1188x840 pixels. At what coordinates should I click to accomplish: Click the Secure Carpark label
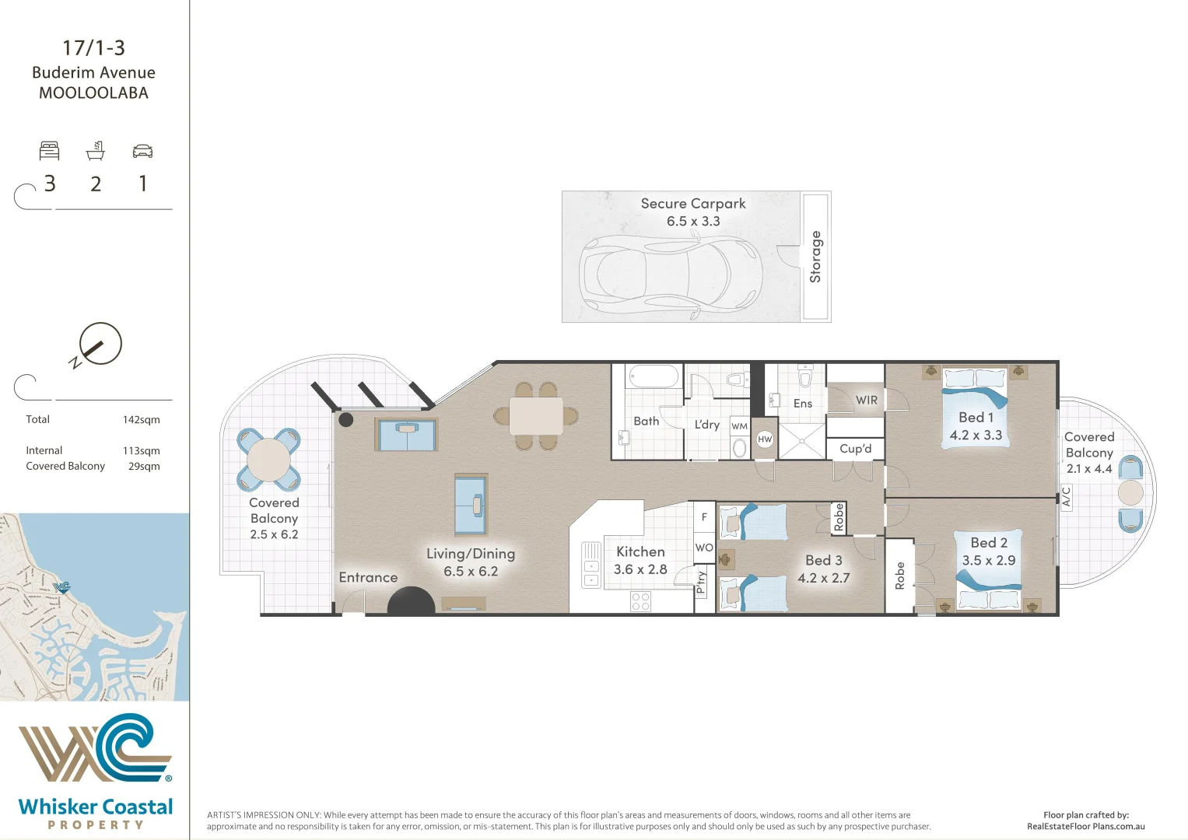[x=692, y=204]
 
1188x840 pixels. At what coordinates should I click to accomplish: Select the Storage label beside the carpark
[x=815, y=257]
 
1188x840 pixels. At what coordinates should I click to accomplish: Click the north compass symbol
[x=99, y=345]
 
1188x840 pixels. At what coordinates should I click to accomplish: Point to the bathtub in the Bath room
[x=654, y=377]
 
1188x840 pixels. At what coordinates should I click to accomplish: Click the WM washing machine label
[x=739, y=426]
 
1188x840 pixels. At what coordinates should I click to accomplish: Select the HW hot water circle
[x=765, y=439]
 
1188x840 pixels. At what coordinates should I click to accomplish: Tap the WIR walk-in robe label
[x=866, y=401]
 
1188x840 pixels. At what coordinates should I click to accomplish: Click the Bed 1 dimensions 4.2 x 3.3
[x=976, y=436]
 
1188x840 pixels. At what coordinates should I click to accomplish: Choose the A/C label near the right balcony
[x=1066, y=496]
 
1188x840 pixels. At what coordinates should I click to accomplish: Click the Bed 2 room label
[x=989, y=543]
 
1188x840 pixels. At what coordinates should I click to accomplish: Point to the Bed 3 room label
[x=823, y=560]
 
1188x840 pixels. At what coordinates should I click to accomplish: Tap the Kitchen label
[x=640, y=551]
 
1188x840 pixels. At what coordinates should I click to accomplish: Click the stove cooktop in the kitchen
[x=640, y=601]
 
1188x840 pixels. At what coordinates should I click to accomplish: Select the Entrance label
[x=368, y=577]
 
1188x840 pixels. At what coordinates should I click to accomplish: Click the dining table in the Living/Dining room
[x=536, y=416]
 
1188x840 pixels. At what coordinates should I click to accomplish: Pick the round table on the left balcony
[x=268, y=460]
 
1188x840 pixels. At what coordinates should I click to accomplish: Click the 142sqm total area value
[x=141, y=420]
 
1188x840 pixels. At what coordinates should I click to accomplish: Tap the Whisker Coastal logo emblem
[x=95, y=747]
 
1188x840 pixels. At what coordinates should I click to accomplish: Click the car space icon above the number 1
[x=142, y=151]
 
